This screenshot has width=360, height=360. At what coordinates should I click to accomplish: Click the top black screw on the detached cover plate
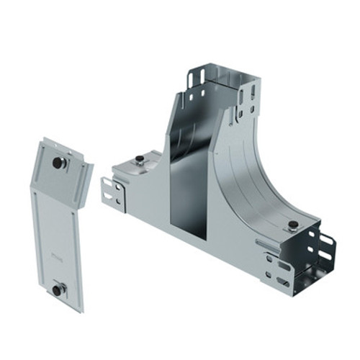tap(57, 163)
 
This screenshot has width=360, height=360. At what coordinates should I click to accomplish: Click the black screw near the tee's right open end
tap(292, 227)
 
